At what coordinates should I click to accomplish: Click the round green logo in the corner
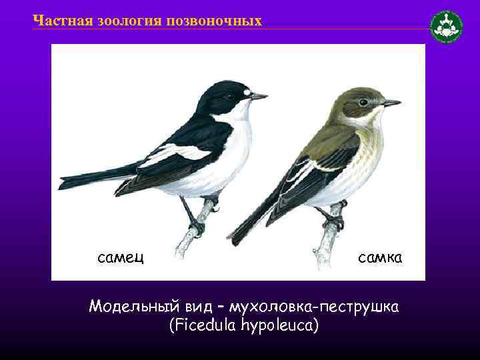[x=446, y=27]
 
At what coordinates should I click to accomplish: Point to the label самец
[x=122, y=256]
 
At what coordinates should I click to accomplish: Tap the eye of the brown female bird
[x=363, y=102]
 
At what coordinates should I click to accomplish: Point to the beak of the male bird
[x=259, y=97]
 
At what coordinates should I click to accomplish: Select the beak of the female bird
[x=392, y=103]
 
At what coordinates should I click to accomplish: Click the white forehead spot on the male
[x=246, y=91]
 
